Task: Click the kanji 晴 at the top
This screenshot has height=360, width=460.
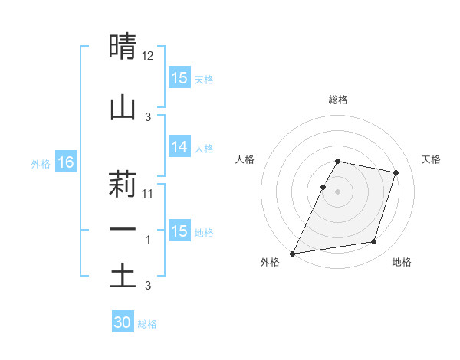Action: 123,47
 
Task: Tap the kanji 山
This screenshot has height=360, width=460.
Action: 123,107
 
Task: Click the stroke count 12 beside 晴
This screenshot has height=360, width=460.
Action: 148,56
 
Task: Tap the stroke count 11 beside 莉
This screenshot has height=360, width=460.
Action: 148,194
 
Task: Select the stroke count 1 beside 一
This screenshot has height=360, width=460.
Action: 149,239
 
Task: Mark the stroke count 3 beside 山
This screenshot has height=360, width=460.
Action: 148,116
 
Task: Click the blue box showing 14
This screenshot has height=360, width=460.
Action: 179,147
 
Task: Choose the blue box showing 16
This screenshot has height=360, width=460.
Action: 66,162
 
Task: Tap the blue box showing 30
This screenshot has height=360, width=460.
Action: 123,322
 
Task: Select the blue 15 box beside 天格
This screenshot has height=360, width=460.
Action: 179,78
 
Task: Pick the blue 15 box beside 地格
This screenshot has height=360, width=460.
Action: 179,231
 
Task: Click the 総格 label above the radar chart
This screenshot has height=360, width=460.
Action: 338,100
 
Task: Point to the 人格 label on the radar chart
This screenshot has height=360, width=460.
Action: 245,159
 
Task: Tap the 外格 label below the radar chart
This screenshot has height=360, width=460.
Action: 270,263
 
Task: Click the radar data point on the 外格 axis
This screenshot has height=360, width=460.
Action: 292,254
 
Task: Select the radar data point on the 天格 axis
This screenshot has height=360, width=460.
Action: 396,173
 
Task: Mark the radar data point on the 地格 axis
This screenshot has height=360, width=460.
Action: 374,242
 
